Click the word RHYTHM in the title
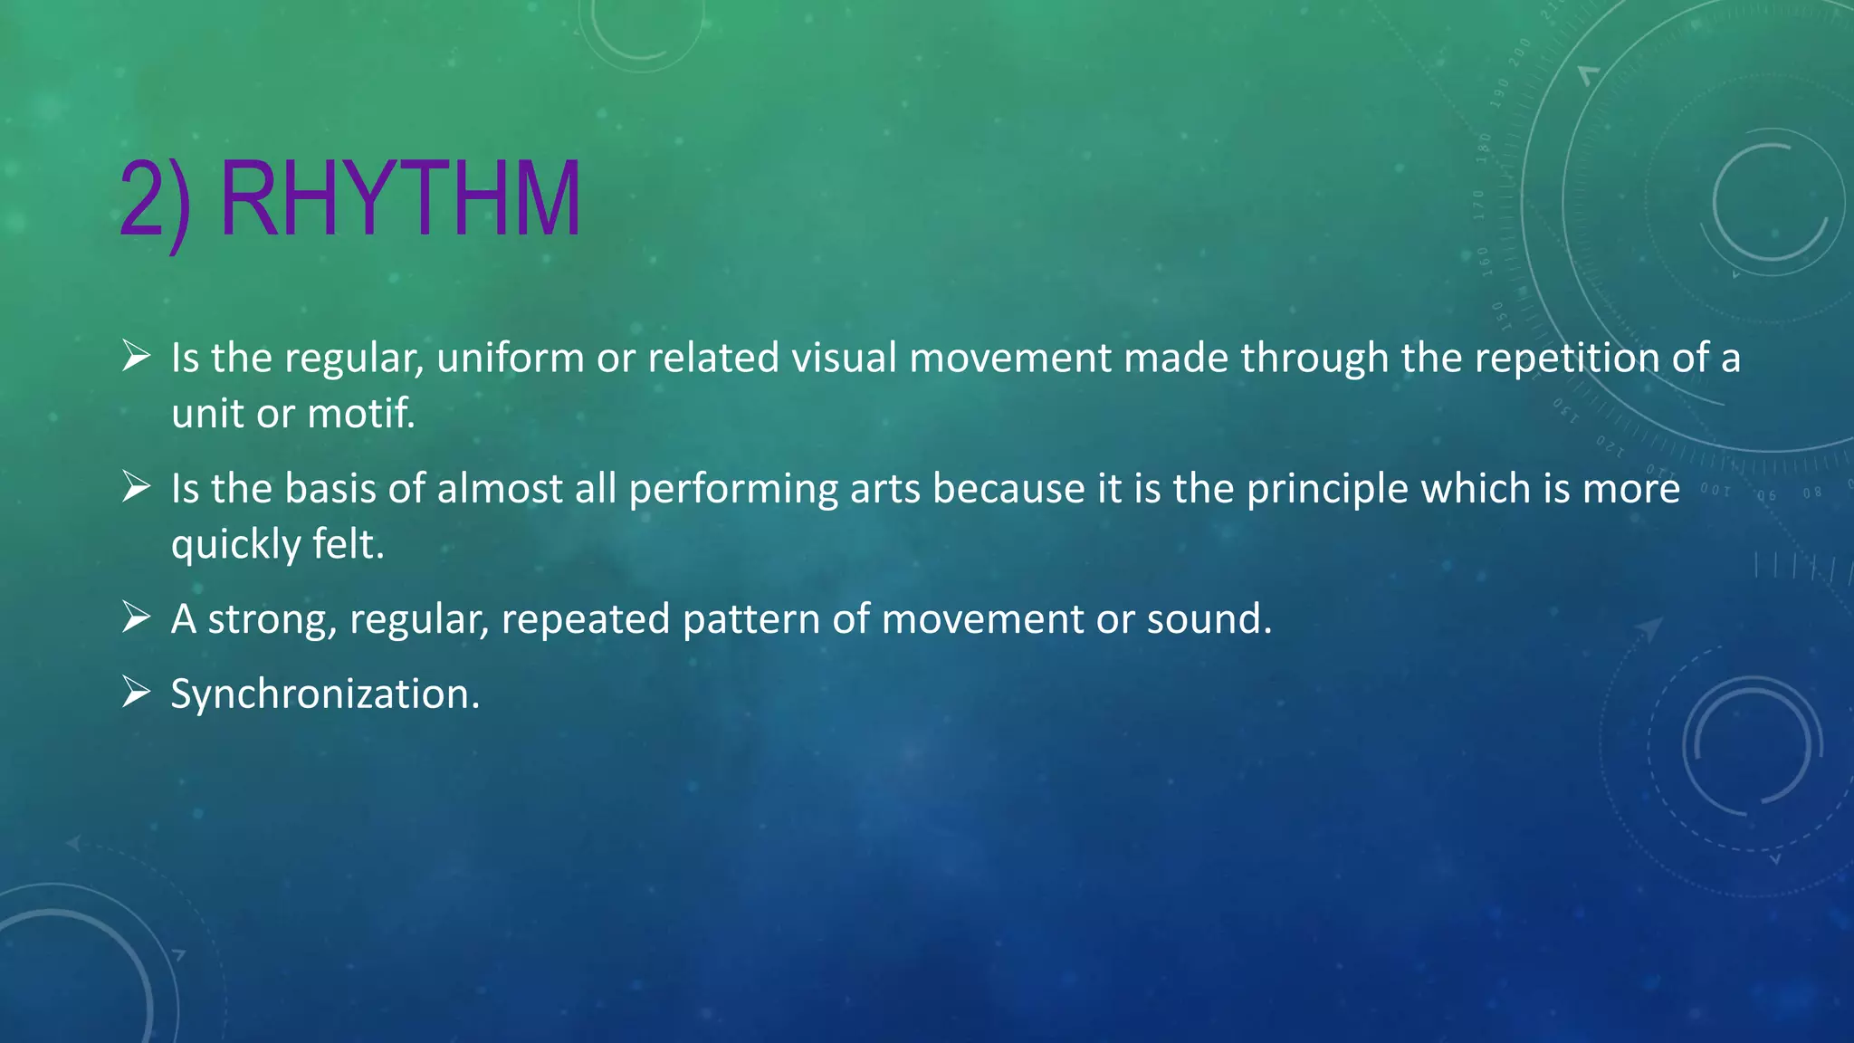400,199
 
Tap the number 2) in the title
155,201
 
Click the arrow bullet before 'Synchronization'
136,693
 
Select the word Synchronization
324,694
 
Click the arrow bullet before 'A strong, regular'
136,618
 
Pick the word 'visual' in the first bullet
845,359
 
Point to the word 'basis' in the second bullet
330,489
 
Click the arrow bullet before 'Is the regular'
136,357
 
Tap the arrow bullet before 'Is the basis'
136,488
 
